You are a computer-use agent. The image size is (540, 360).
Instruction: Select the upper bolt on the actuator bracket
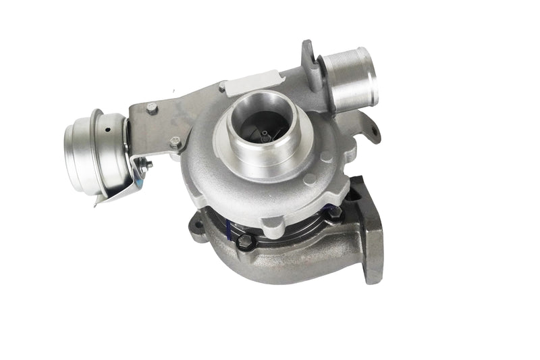click(x=152, y=107)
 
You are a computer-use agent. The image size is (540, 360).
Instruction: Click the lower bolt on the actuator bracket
click(x=175, y=143)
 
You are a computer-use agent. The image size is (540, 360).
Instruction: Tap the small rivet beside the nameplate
click(x=222, y=86)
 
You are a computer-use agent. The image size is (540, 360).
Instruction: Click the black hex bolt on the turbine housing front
click(x=246, y=241)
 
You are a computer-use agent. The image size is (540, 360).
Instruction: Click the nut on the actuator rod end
click(x=147, y=165)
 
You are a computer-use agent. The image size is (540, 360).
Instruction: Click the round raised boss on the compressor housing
click(x=310, y=179)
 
